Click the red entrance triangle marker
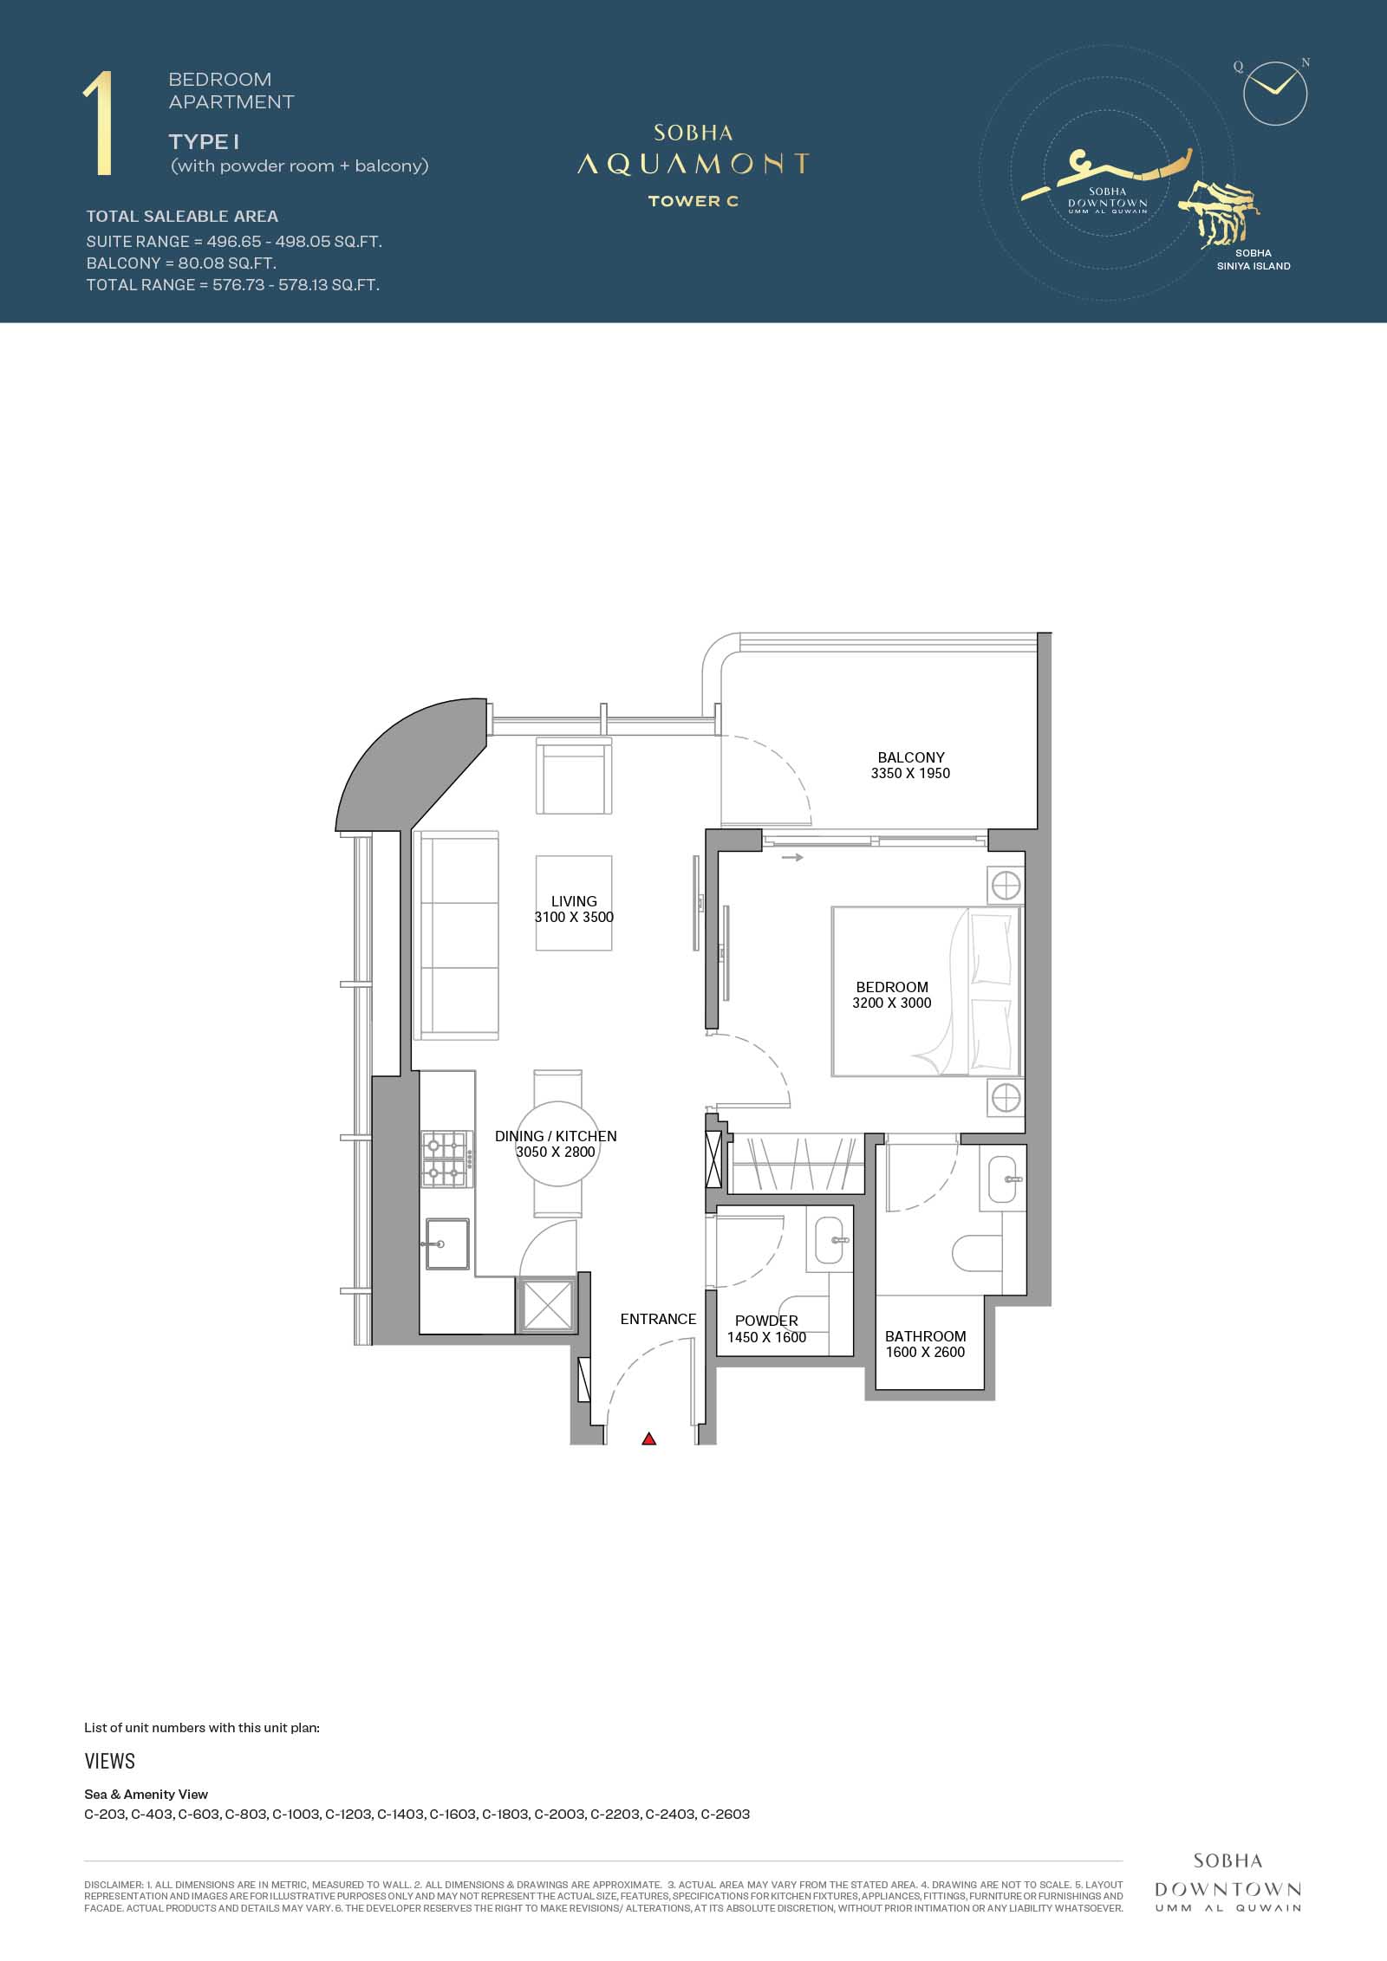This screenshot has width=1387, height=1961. pos(648,1439)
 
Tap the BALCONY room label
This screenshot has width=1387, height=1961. pos(911,757)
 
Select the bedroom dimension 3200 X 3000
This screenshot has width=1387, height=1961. pos(892,1003)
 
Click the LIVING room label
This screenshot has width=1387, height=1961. pos(574,901)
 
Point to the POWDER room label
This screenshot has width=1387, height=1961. pos(766,1321)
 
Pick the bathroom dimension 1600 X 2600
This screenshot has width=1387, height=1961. pos(925,1352)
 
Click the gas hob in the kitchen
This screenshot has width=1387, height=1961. pos(447,1159)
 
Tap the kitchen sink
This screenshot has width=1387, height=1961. pos(446,1244)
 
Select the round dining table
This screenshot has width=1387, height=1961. pos(558,1144)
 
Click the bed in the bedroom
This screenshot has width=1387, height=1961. pos(926,991)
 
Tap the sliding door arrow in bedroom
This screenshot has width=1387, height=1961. pos(792,858)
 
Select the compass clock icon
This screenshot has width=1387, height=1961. pos(1274,93)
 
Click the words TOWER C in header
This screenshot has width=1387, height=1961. pos(693,201)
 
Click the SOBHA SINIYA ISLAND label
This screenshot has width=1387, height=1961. pos(1254,260)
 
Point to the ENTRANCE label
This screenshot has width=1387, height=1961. pos(658,1319)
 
